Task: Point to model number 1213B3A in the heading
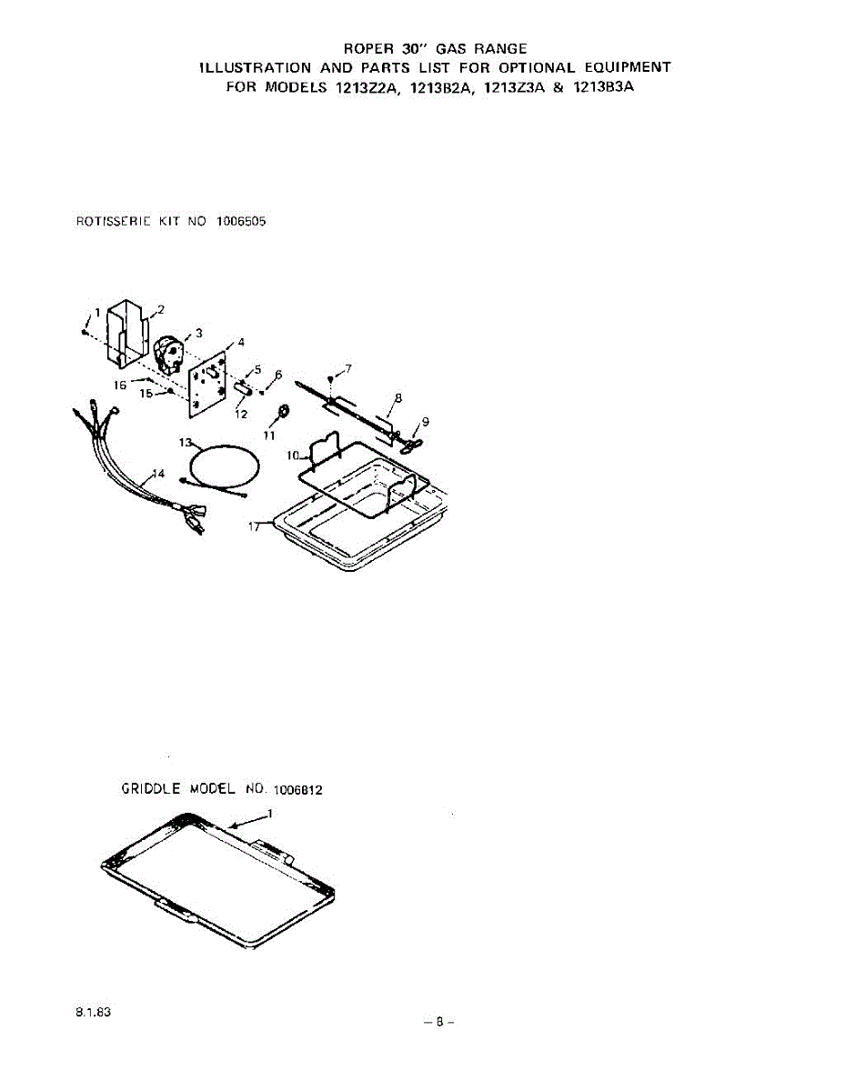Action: pos(604,88)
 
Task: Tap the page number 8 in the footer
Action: pos(438,1020)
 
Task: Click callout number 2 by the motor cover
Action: pos(160,309)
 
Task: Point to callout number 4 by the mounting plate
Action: pos(241,342)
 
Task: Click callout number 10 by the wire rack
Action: pos(293,454)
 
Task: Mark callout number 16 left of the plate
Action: pos(120,385)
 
